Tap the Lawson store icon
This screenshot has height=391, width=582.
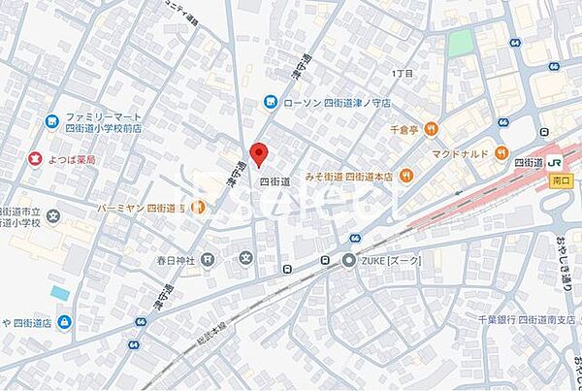[274, 102]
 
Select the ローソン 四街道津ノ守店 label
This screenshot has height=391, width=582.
[337, 102]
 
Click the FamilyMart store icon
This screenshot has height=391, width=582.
[51, 121]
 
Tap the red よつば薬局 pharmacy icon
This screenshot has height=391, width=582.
[34, 159]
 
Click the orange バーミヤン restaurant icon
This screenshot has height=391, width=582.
[198, 207]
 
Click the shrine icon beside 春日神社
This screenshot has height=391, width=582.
[245, 258]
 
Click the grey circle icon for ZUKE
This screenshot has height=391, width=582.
[349, 260]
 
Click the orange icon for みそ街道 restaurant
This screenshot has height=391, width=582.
[411, 176]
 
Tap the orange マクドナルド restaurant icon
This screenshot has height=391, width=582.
[501, 152]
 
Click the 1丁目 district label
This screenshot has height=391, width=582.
[402, 74]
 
